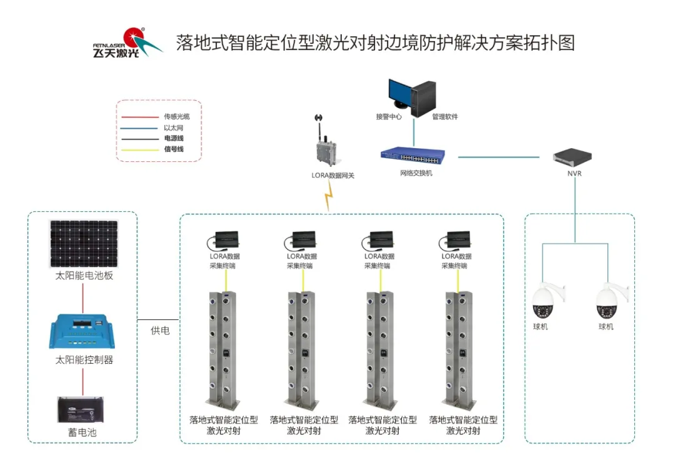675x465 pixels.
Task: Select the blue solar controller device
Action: tap(84, 332)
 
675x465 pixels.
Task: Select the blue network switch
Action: tap(413, 156)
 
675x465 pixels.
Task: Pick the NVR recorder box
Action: tap(573, 157)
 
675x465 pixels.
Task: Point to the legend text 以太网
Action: tap(172, 127)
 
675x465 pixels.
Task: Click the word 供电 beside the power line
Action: tap(159, 330)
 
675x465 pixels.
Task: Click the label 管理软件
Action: tap(445, 117)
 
